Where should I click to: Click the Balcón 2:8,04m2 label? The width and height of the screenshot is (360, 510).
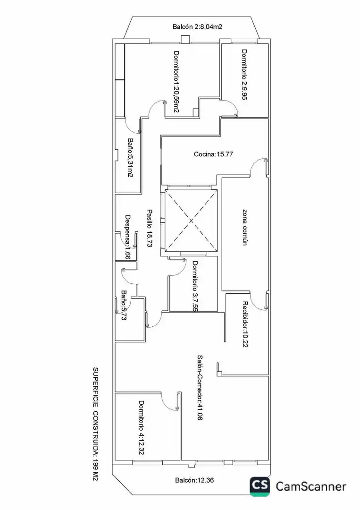pos(197,27)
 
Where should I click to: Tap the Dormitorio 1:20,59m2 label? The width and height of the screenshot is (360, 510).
pos(176,82)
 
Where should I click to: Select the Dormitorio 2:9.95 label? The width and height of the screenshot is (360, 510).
pos(244,74)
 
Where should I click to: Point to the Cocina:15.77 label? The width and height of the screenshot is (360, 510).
pos(213,154)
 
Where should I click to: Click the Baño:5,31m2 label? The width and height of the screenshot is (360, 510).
pos(130,158)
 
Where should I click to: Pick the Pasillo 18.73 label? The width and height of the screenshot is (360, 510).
pos(150,229)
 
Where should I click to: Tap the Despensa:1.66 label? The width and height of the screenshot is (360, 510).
pos(128,237)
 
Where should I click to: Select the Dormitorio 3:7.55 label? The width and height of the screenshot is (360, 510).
pos(194,286)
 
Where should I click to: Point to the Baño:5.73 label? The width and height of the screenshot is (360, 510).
pos(124,306)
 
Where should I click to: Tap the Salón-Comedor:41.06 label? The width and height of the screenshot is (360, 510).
pos(200,388)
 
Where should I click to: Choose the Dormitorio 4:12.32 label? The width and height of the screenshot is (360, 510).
pos(142,427)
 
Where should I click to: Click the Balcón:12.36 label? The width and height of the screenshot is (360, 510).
pos(194,480)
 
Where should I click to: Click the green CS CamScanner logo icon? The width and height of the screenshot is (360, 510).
pos(260,486)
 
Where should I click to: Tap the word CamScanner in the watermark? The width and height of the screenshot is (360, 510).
pos(311,486)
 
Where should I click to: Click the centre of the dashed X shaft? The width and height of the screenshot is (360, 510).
pos(191,221)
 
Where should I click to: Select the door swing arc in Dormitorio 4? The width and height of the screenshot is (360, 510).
pos(169,401)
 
